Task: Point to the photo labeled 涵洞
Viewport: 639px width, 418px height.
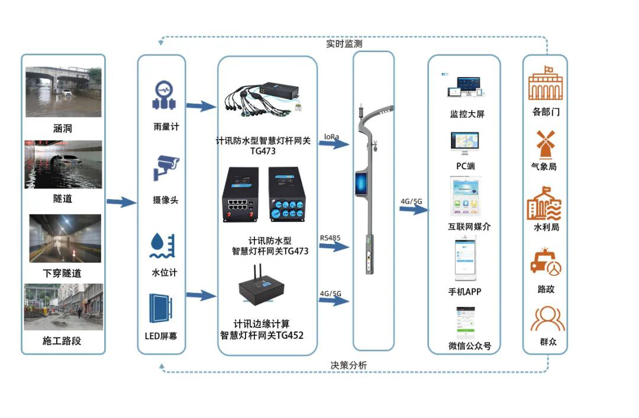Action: pyautogui.click(x=63, y=92)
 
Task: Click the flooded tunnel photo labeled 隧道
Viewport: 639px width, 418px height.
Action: pyautogui.click(x=63, y=165)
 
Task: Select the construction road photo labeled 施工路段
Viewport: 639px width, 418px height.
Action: pyautogui.click(x=63, y=307)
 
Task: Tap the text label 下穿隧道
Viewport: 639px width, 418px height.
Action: pyautogui.click(x=62, y=274)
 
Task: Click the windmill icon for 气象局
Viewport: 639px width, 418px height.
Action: pyautogui.click(x=544, y=144)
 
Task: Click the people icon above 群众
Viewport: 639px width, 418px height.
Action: pyautogui.click(x=544, y=319)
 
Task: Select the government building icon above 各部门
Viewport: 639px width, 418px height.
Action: pyautogui.click(x=545, y=85)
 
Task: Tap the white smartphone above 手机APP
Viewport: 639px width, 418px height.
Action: pyautogui.click(x=465, y=259)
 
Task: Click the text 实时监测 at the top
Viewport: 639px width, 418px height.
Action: pyautogui.click(x=344, y=43)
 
